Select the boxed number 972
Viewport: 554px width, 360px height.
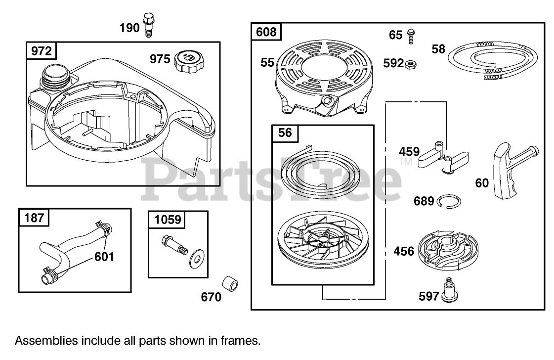(x=41, y=51)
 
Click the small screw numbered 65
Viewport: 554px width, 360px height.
(x=411, y=35)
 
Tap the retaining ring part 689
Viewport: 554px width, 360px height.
(x=449, y=200)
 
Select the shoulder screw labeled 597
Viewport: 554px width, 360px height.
(x=449, y=291)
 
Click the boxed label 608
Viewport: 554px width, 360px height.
(x=266, y=33)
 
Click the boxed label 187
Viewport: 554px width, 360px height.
(x=34, y=217)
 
